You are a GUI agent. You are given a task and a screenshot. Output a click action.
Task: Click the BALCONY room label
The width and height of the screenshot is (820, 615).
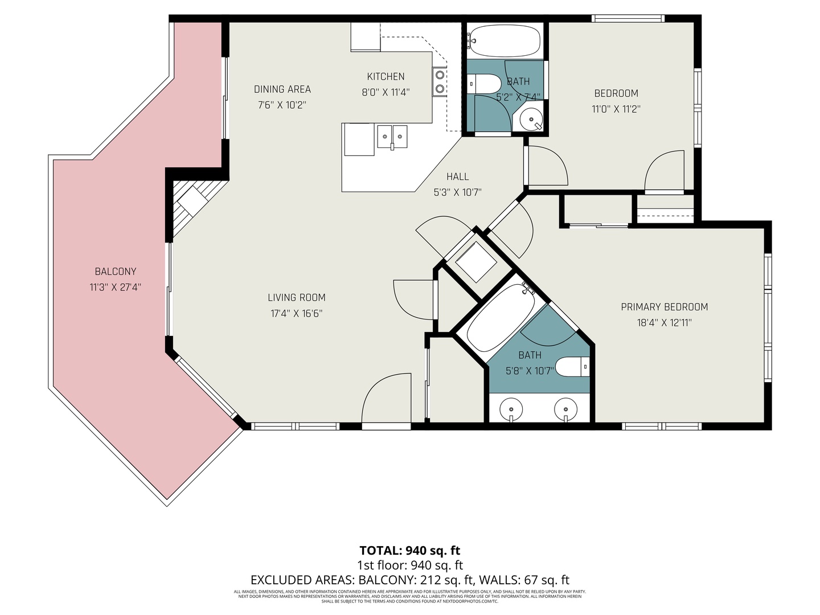click(x=116, y=272)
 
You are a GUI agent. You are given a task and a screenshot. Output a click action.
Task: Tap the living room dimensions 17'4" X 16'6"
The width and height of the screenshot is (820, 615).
click(x=297, y=313)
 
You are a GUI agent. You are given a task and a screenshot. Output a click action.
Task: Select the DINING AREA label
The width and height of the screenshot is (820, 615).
click(x=282, y=89)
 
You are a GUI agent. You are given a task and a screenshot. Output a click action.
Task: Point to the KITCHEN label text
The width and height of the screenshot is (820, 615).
click(x=386, y=76)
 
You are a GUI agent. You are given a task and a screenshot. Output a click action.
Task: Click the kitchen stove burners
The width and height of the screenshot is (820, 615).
click(x=439, y=81)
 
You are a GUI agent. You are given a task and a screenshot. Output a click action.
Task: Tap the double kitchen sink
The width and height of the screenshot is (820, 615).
click(x=392, y=137)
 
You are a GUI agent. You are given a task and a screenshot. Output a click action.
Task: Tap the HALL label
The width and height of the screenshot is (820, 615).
click(x=457, y=177)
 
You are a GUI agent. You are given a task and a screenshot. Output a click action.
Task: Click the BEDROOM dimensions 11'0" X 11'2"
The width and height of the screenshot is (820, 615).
click(x=616, y=109)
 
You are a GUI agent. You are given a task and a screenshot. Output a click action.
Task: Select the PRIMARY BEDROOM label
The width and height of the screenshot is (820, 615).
click(x=664, y=307)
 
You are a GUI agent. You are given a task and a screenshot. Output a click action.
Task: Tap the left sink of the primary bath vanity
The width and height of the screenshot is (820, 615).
click(x=511, y=409)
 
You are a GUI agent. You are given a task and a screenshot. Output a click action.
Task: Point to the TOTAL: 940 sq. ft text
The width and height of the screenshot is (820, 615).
click(x=409, y=550)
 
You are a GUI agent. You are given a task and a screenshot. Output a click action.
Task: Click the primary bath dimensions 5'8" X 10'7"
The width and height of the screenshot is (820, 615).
click(x=530, y=371)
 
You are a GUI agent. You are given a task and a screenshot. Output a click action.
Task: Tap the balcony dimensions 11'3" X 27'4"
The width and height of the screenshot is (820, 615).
click(x=116, y=288)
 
